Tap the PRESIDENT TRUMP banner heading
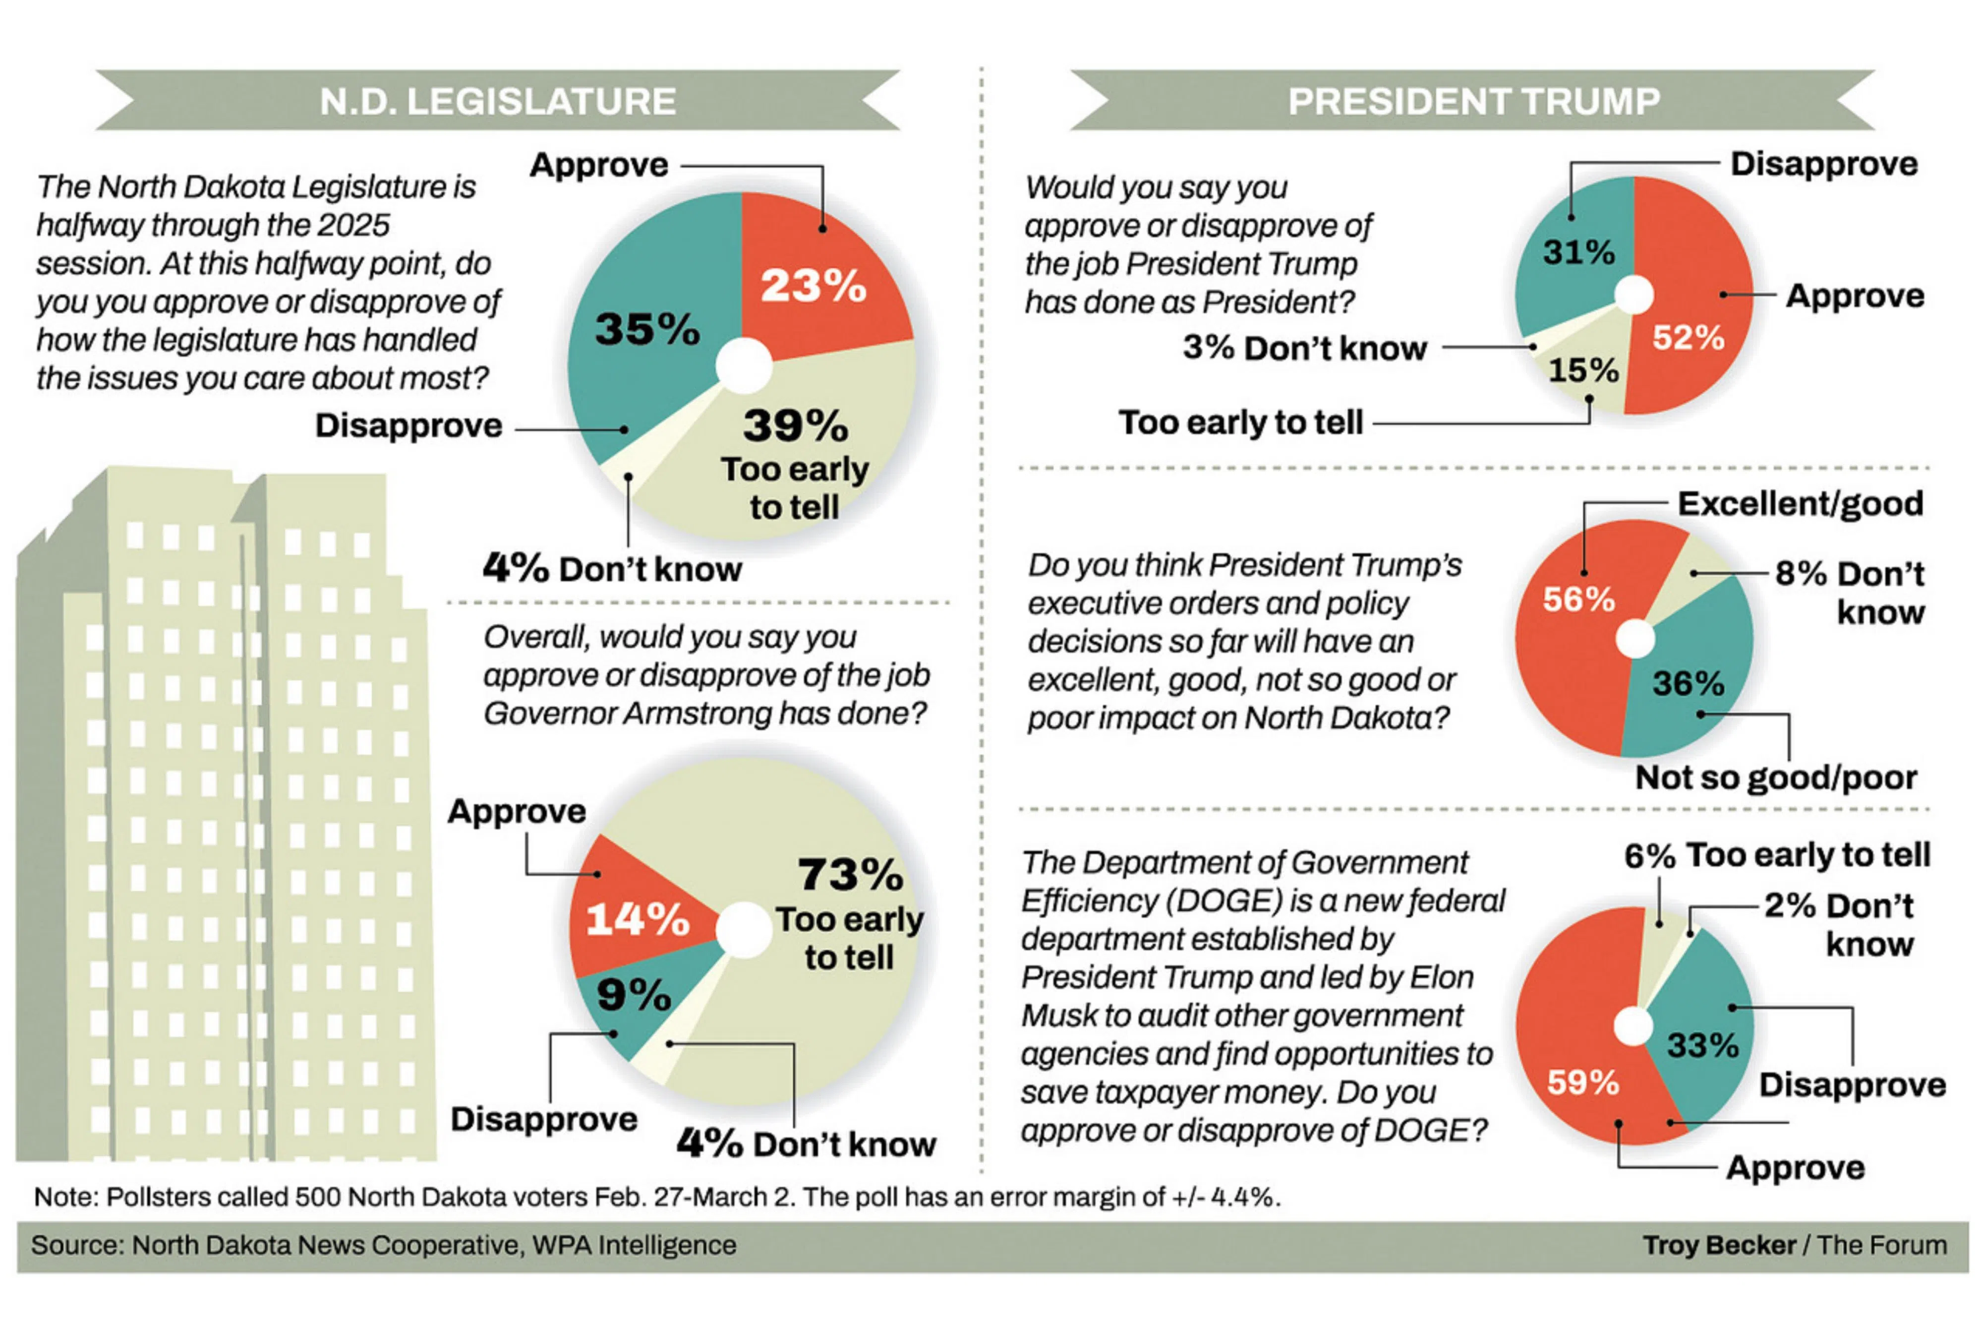[x=1473, y=101]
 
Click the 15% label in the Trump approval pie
[x=1583, y=370]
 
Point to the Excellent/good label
[x=1800, y=503]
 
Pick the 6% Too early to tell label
[x=1777, y=855]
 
